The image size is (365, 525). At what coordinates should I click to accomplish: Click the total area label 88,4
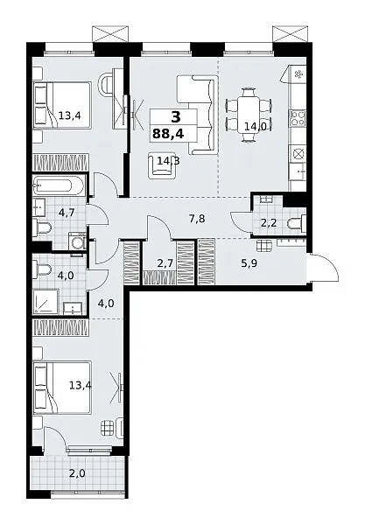pyautogui.click(x=168, y=134)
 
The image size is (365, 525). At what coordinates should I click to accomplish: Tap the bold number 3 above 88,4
pyautogui.click(x=175, y=117)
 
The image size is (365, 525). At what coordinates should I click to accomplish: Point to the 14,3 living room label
pyautogui.click(x=168, y=161)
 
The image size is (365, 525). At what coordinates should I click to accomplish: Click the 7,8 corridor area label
pyautogui.click(x=197, y=220)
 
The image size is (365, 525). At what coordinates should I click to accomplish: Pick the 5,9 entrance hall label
pyautogui.click(x=249, y=263)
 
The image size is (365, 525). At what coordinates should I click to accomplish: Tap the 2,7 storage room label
pyautogui.click(x=165, y=263)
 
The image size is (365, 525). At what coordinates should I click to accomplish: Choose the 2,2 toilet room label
pyautogui.click(x=269, y=222)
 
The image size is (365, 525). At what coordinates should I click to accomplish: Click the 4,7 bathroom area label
pyautogui.click(x=66, y=212)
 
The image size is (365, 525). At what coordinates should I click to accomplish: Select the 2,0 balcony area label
pyautogui.click(x=77, y=473)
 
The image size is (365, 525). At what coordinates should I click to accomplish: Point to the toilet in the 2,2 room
pyautogui.click(x=297, y=222)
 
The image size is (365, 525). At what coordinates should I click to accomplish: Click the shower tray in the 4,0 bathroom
pyautogui.click(x=46, y=303)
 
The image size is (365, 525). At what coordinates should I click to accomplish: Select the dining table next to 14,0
pyautogui.click(x=248, y=115)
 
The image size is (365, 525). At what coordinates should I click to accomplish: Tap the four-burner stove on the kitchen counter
pyautogui.click(x=298, y=118)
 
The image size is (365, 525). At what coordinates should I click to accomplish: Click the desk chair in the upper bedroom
pyautogui.click(x=105, y=85)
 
